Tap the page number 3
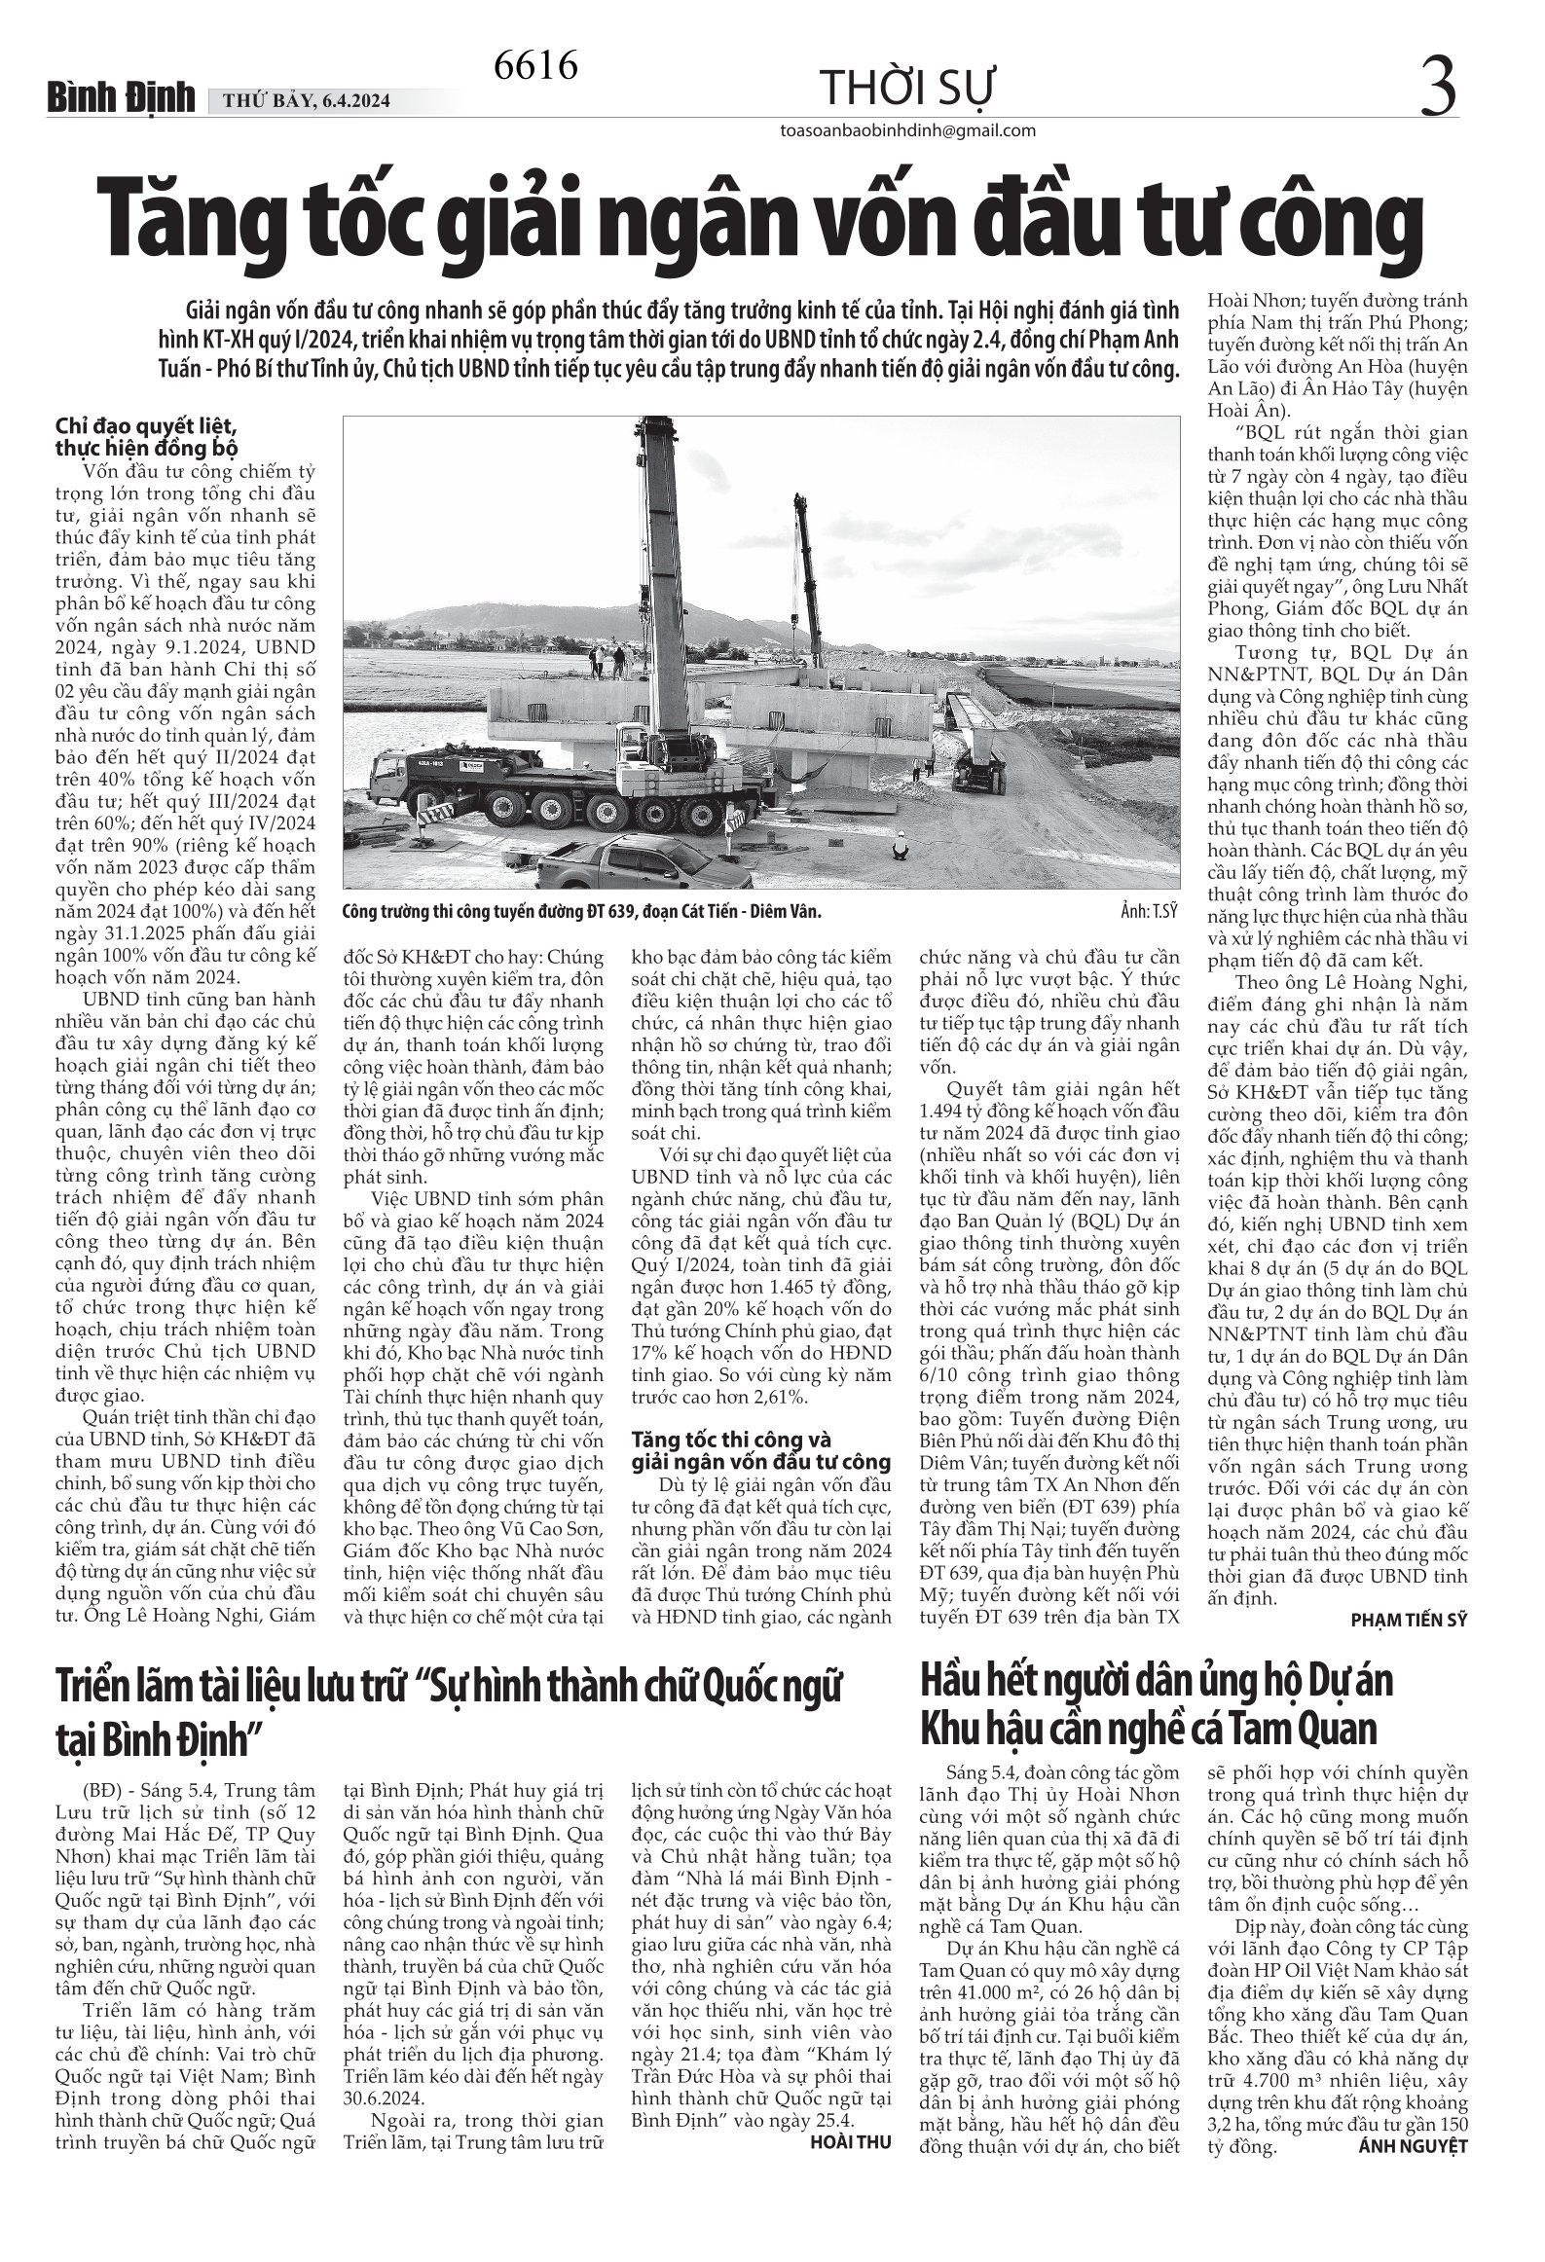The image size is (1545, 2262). [x=1439, y=86]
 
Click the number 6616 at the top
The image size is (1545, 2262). [x=536, y=66]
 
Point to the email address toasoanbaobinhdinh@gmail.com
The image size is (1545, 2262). [x=908, y=131]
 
